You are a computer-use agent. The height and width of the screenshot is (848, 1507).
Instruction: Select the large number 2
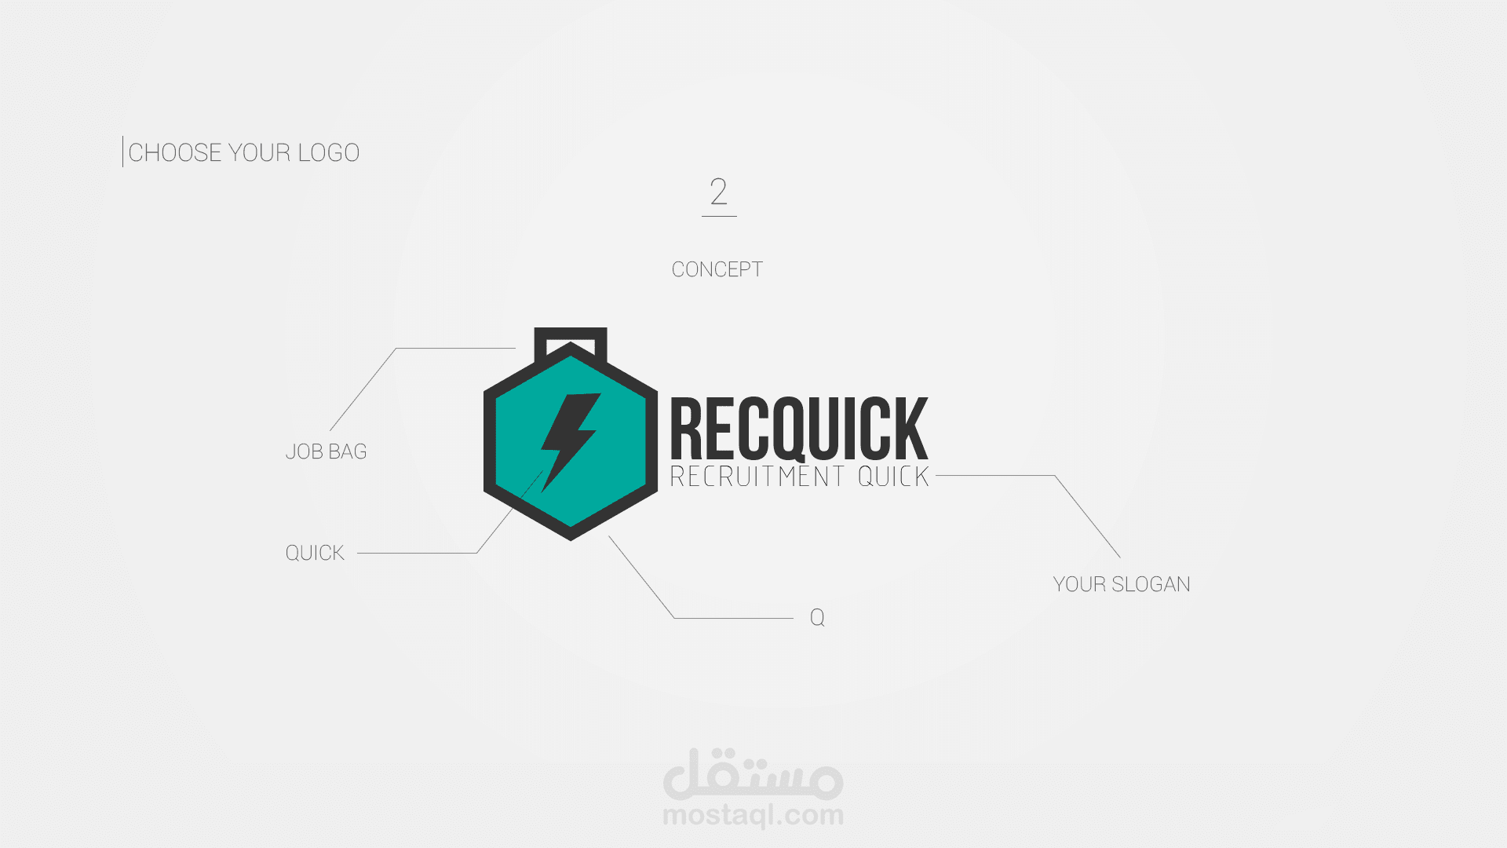[x=719, y=191]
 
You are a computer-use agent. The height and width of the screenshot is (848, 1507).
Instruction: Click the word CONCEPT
[x=717, y=269]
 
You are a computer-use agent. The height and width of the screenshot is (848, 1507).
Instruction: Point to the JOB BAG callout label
[x=326, y=451]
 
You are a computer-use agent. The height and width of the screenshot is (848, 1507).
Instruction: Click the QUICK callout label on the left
[x=315, y=553]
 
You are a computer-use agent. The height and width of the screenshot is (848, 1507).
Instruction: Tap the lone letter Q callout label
[x=817, y=617]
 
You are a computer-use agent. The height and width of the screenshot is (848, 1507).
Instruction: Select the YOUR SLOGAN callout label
[x=1122, y=584]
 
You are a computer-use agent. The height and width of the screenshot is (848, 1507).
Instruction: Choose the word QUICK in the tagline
[x=893, y=477]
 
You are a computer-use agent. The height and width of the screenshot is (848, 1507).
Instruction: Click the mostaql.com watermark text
[x=753, y=815]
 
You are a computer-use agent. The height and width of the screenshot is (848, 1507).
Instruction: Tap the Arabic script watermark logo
[x=753, y=773]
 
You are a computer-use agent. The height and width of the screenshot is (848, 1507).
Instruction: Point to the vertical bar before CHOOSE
[x=122, y=152]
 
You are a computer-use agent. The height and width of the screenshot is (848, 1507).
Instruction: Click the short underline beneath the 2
[x=719, y=216]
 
